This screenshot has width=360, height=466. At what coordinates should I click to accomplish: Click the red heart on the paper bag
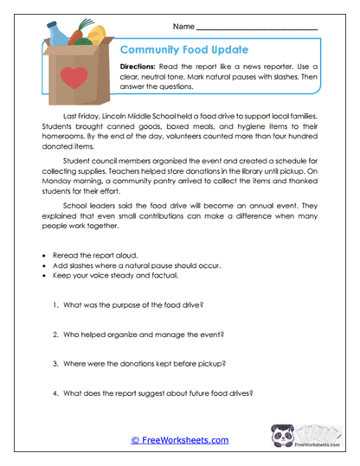click(x=75, y=80)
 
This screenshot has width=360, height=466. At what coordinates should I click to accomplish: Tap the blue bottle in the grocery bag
click(x=55, y=35)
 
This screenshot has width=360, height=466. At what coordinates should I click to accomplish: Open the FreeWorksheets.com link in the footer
click(x=180, y=440)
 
